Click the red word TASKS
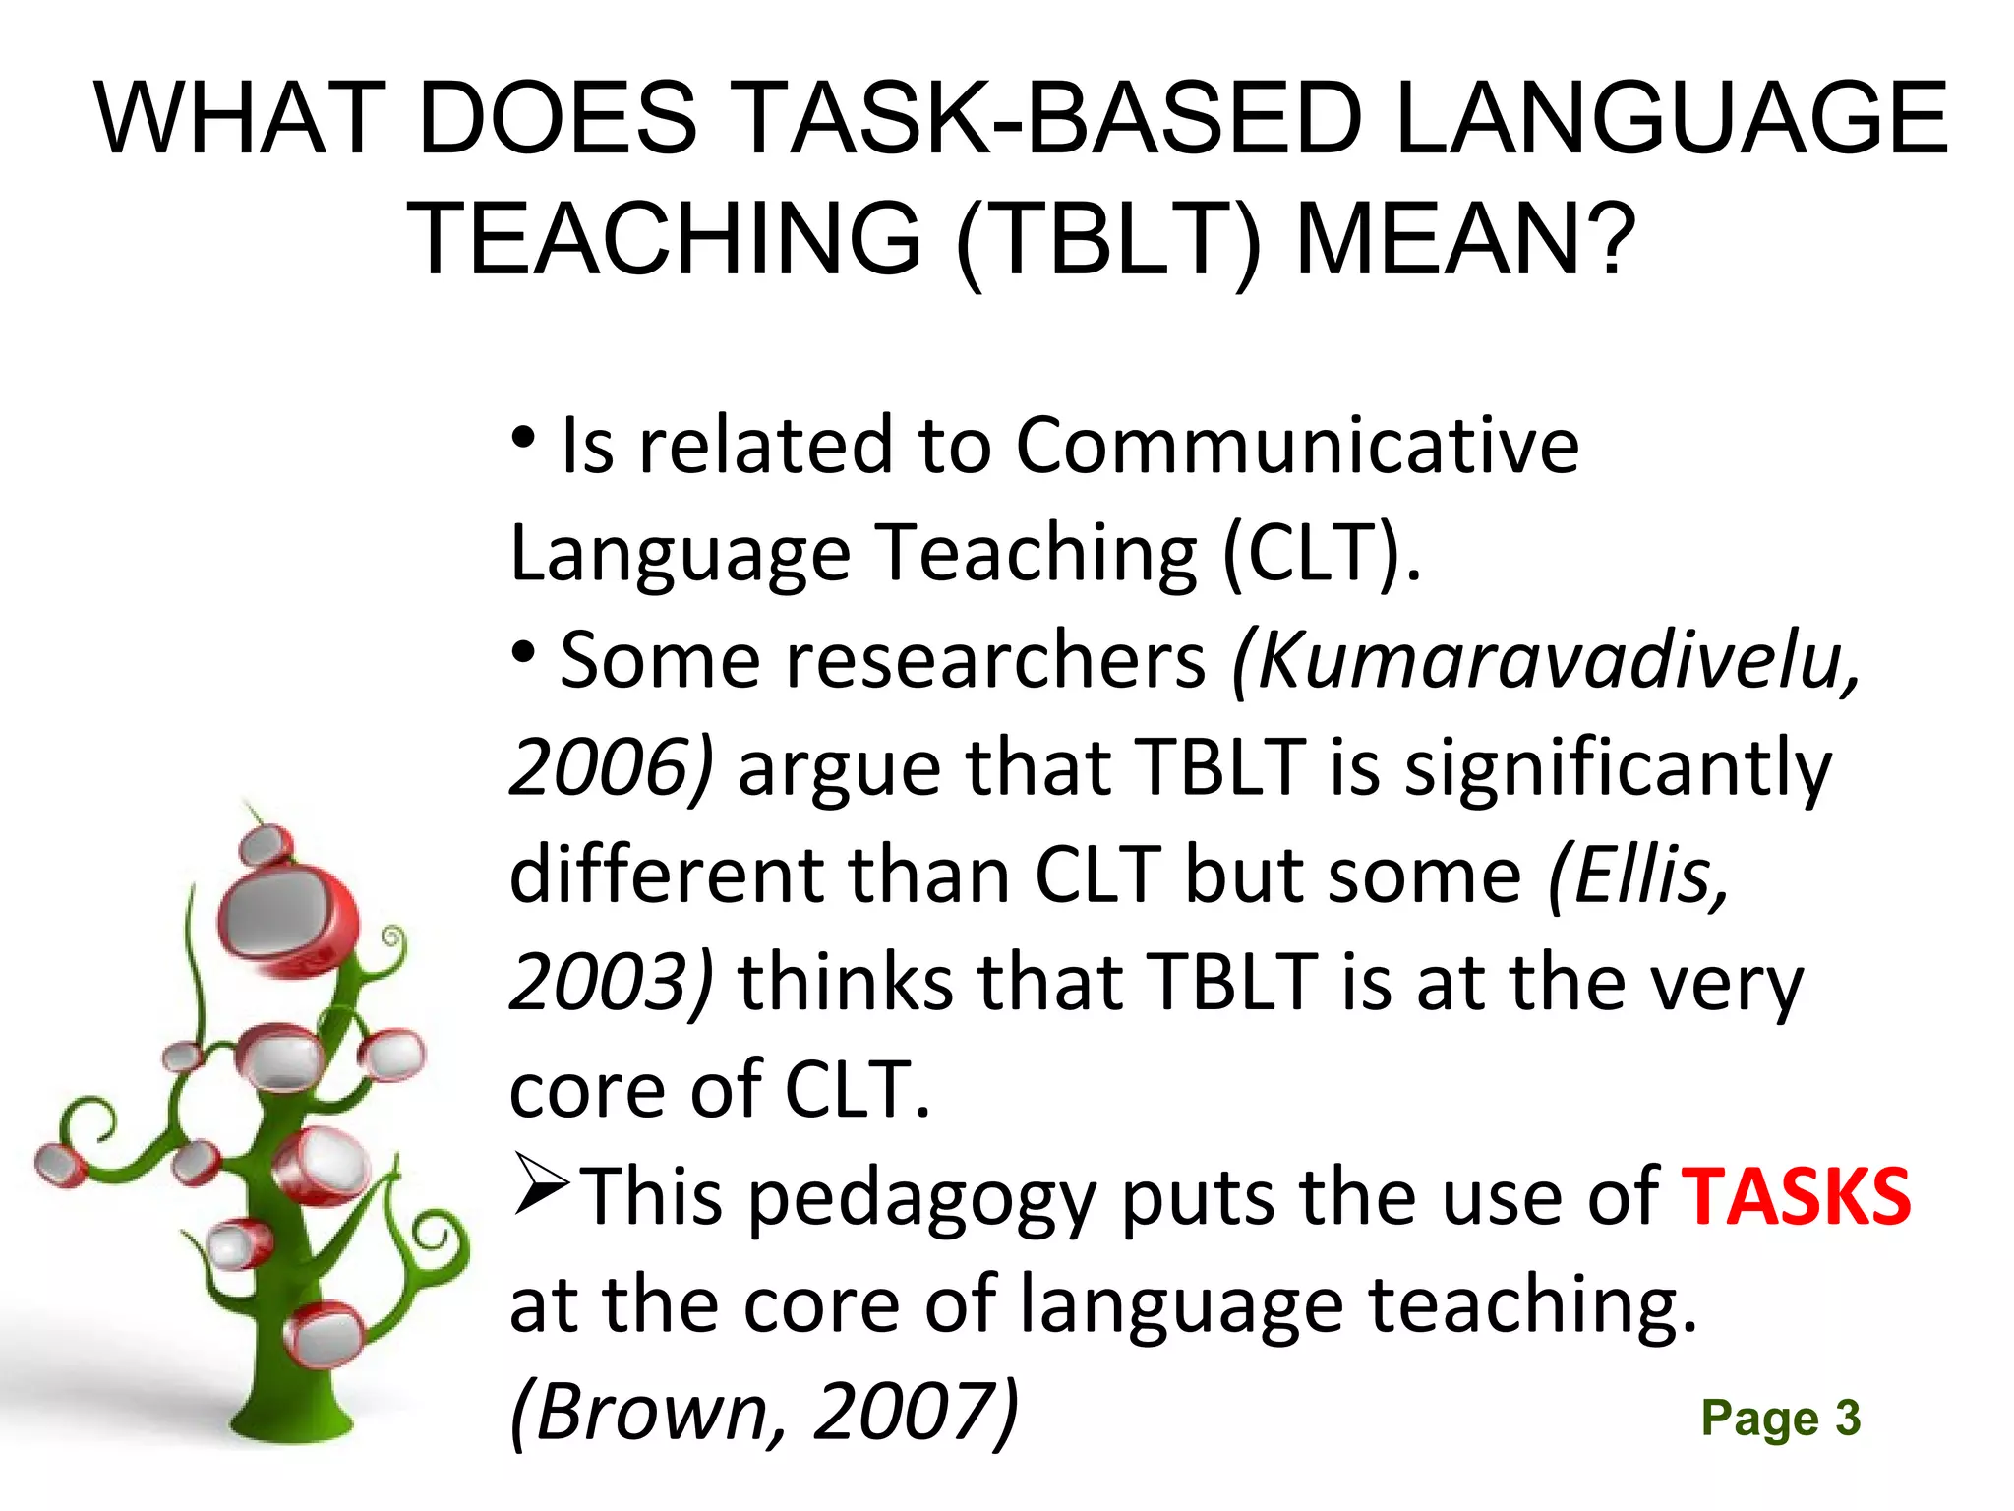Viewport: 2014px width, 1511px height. (1796, 1197)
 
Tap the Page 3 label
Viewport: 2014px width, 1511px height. (1780, 1419)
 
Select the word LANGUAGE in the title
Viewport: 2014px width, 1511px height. (1671, 119)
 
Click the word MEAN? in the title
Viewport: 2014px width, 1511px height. (1466, 239)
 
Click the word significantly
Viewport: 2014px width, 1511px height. (1618, 767)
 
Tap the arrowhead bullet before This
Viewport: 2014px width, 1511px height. (541, 1185)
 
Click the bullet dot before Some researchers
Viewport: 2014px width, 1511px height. (524, 650)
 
